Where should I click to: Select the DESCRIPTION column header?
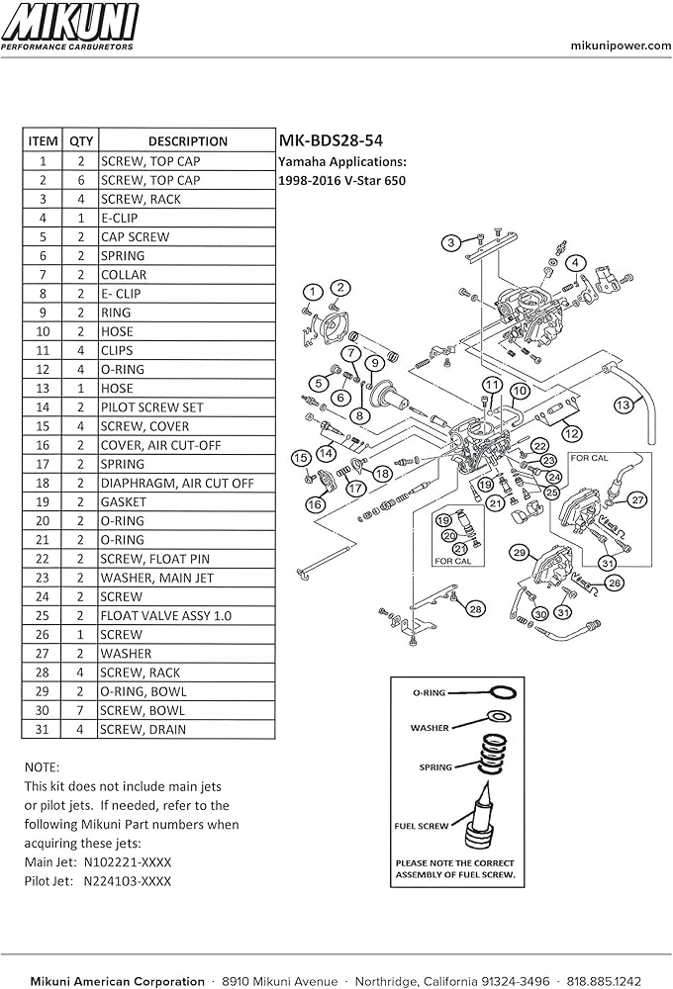point(187,141)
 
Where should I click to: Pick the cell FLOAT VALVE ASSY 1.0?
point(165,615)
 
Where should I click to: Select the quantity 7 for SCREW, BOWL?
point(80,710)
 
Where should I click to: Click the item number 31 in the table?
point(43,729)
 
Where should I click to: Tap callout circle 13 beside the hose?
point(623,405)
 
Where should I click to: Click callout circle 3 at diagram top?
point(450,242)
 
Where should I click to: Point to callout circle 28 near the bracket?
point(475,608)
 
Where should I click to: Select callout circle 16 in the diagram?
point(315,504)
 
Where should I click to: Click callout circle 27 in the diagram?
point(637,500)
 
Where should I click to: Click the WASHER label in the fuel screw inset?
point(430,727)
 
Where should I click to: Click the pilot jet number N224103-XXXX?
point(127,880)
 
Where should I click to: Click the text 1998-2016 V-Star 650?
point(341,180)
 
